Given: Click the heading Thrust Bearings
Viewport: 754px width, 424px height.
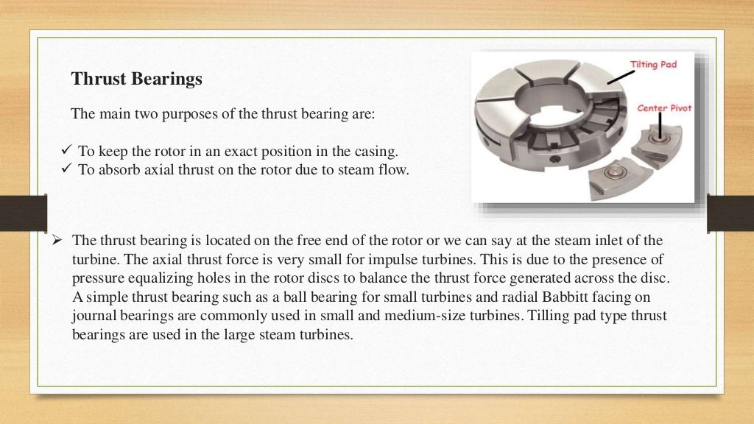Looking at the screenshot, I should tap(136, 79).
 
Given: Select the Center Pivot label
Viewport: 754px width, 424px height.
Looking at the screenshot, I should tap(664, 108).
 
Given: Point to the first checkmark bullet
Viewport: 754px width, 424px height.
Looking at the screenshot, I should tap(63, 152).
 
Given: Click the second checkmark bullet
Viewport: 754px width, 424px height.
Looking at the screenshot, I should tap(63, 169).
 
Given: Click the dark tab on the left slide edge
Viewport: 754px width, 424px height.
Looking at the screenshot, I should tap(23, 213).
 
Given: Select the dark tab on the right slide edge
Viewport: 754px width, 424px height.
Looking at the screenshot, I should tap(730, 213).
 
